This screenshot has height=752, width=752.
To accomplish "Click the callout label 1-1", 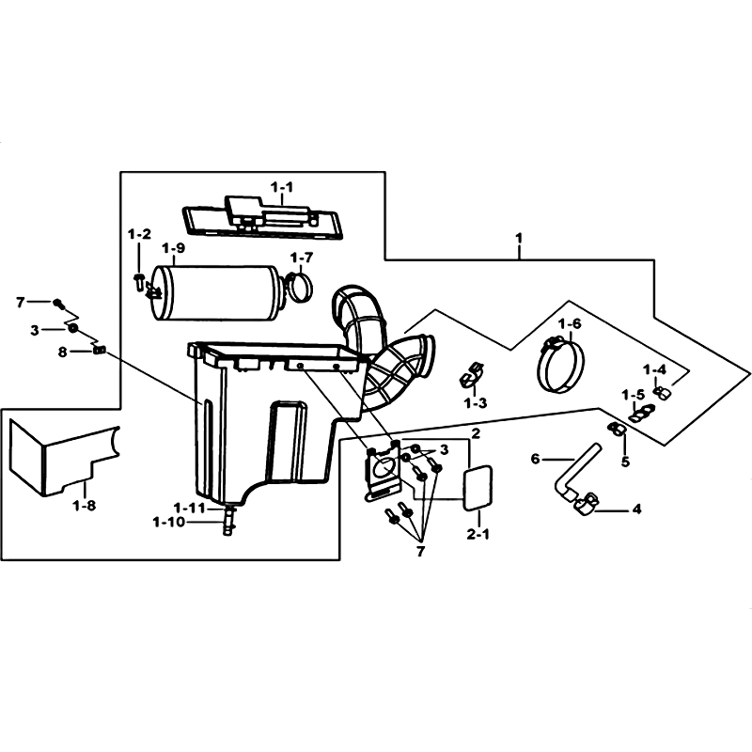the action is point(282,187).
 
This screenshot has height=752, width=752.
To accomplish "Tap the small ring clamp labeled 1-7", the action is point(299,287).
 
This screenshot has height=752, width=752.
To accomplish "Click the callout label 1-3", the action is point(476,403).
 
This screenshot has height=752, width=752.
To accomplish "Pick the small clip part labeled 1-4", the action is point(662,392).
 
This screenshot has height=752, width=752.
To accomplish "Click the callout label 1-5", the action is point(633,395).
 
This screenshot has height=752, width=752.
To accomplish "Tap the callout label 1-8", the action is point(85,506).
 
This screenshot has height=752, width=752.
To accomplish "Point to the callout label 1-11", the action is point(189,508).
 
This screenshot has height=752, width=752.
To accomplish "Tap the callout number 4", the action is point(636,509).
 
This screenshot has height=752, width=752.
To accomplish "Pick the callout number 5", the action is point(625,462).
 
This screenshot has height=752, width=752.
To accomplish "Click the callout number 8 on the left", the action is point(62,352).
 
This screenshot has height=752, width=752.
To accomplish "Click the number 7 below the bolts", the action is point(420,552).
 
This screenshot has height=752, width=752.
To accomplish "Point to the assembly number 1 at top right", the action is point(520,239).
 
